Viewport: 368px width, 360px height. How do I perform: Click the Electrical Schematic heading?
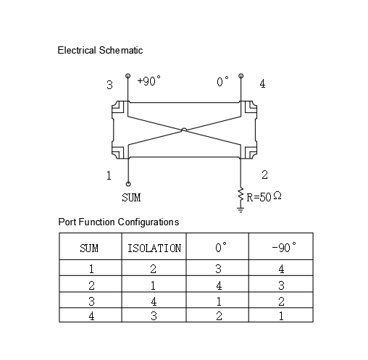click(x=100, y=51)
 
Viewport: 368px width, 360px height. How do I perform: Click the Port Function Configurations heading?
click(x=119, y=222)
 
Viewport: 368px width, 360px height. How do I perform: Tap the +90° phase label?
click(x=149, y=81)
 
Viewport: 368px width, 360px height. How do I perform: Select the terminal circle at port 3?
click(x=128, y=76)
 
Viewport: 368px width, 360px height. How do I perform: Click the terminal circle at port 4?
click(x=241, y=76)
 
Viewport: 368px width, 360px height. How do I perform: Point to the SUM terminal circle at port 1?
click(x=128, y=184)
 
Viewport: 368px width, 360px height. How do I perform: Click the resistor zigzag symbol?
click(x=241, y=194)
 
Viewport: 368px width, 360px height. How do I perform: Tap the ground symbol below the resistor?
click(x=241, y=209)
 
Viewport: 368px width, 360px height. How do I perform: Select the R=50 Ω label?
click(x=264, y=196)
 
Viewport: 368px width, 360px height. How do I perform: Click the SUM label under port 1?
click(x=131, y=198)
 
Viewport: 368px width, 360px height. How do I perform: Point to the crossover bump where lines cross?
click(x=184, y=130)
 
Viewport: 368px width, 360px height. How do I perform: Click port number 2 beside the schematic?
click(x=264, y=175)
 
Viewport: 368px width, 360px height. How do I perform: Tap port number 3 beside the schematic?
click(x=109, y=85)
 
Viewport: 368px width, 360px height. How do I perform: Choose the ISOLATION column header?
click(x=154, y=248)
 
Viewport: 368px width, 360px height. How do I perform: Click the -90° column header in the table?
click(x=284, y=247)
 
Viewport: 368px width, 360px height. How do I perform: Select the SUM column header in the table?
click(x=89, y=248)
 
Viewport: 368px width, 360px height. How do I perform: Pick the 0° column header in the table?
click(x=221, y=247)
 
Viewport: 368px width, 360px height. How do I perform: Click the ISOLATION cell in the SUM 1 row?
click(x=154, y=269)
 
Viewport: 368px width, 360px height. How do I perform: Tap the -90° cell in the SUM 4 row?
click(x=281, y=316)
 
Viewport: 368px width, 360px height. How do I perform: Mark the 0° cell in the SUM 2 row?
click(x=219, y=285)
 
